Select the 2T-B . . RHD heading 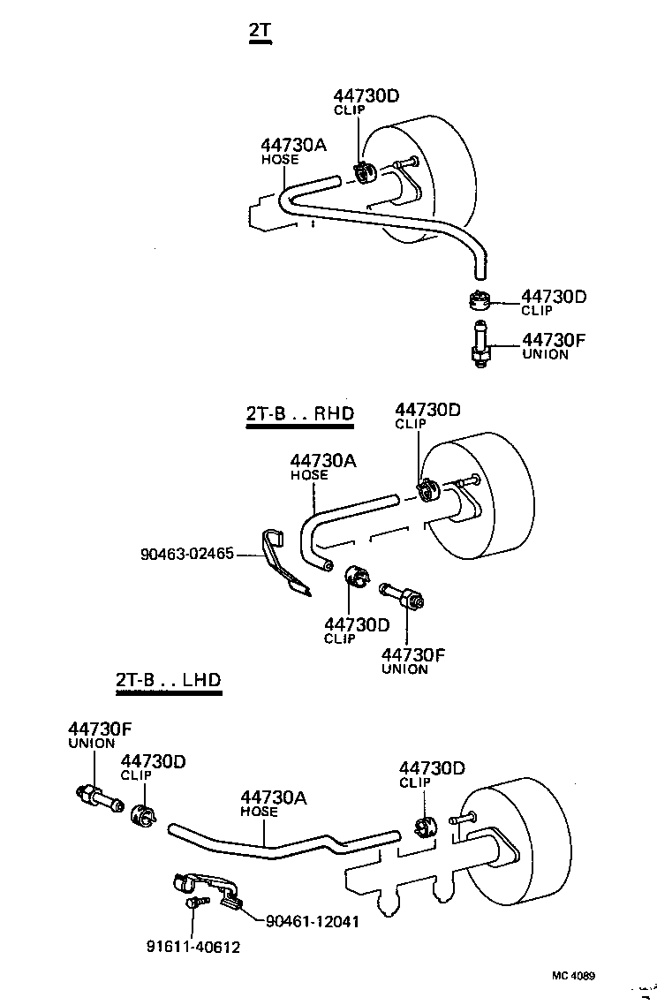[x=299, y=414]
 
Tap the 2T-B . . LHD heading [x=167, y=680]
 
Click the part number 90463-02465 [x=186, y=554]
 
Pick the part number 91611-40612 [x=193, y=947]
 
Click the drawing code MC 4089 [x=574, y=976]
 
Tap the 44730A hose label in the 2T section [x=293, y=149]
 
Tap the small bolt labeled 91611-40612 [x=194, y=903]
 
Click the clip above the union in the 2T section [x=478, y=300]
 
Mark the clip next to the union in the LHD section [x=141, y=815]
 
